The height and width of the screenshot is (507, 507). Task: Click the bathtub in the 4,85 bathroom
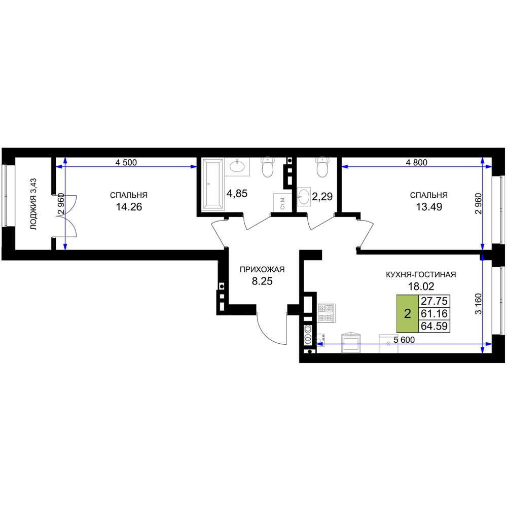click(x=212, y=184)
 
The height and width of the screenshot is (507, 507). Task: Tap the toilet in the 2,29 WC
click(x=322, y=167)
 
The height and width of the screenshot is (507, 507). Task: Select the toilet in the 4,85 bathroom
click(x=267, y=167)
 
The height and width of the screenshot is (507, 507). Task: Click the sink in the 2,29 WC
click(x=304, y=196)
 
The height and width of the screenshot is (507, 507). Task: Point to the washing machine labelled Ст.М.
click(x=282, y=202)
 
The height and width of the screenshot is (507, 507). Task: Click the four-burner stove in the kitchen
click(x=326, y=313)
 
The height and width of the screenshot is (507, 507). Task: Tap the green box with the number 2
click(x=408, y=313)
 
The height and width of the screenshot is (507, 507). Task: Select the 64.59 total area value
click(x=434, y=326)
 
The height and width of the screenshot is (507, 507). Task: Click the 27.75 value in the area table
click(x=434, y=301)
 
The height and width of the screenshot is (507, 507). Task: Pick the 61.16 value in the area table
click(x=434, y=313)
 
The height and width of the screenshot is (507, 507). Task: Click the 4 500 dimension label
click(x=126, y=162)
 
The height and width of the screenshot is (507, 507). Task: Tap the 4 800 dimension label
click(x=416, y=162)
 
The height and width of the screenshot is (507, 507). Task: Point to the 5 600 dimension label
click(x=404, y=340)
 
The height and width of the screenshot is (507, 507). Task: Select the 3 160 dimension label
click(x=479, y=303)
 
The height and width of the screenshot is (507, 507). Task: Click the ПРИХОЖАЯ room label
click(x=262, y=269)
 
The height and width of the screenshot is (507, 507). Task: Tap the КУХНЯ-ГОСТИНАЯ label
click(x=421, y=274)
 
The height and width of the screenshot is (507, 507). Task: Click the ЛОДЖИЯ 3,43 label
click(x=33, y=204)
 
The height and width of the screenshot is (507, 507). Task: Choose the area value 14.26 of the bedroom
click(x=129, y=207)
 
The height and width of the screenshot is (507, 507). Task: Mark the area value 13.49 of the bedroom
click(x=429, y=207)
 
